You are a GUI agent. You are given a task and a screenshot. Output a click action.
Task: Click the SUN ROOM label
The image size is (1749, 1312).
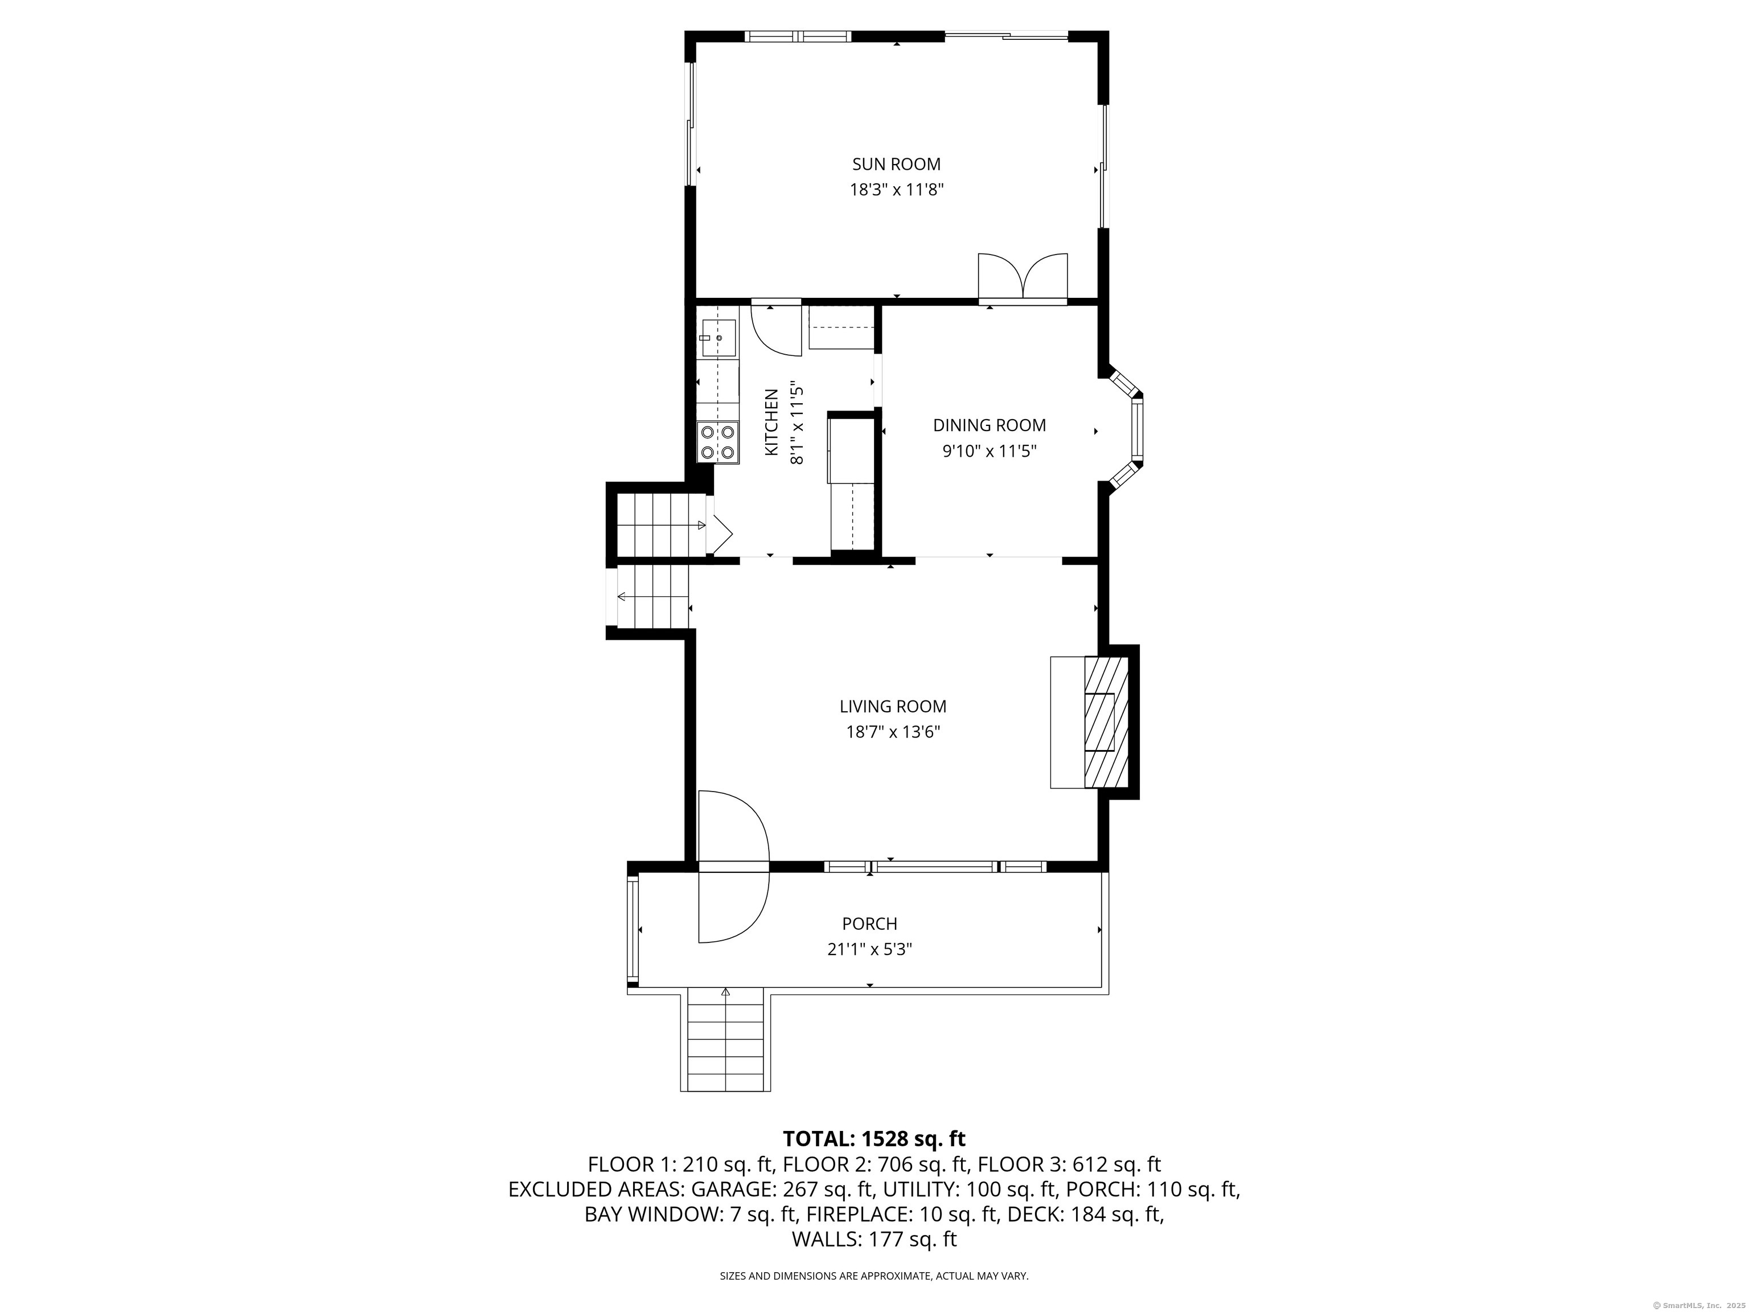point(896,165)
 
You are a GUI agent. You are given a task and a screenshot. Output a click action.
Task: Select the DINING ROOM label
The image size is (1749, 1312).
point(989,425)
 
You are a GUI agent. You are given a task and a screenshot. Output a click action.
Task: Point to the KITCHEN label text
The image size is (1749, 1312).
point(771,423)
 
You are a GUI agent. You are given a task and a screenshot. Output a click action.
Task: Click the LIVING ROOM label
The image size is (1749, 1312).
point(893,706)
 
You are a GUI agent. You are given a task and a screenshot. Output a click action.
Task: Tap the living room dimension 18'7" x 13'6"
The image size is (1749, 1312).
point(893,732)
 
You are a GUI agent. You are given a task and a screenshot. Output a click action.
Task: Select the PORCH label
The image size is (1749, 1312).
point(869,924)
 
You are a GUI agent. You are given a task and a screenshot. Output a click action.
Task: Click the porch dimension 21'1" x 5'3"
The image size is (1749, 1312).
point(869,949)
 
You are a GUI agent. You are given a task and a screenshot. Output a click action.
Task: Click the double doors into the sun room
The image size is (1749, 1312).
point(1023,278)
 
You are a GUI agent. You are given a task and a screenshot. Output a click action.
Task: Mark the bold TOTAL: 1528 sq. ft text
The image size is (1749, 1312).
point(874,1139)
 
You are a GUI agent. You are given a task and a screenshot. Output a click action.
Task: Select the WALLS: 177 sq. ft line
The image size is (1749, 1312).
point(874,1239)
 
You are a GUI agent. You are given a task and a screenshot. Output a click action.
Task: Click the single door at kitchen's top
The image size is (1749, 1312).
point(774,328)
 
